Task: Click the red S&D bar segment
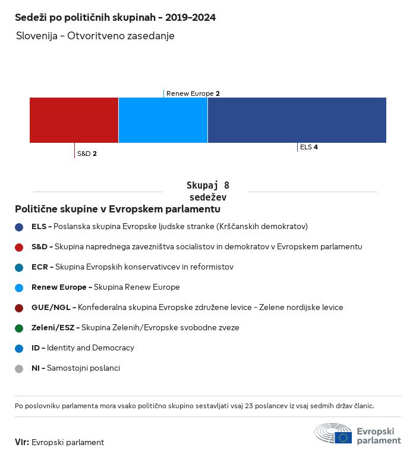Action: [74, 120]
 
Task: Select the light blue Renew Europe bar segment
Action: [163, 120]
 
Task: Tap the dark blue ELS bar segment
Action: [297, 120]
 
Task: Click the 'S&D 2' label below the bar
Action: [87, 154]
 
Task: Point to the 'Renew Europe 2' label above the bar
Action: [193, 93]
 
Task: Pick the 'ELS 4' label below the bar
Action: [309, 147]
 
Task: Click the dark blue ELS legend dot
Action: [19, 227]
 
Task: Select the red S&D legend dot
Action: [19, 248]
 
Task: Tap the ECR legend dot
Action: [19, 268]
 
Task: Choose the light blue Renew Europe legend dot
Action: [19, 288]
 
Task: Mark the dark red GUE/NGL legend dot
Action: [19, 308]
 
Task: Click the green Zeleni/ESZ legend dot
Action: [19, 328]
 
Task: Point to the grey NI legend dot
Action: [19, 369]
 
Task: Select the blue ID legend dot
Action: [19, 349]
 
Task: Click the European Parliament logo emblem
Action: [333, 433]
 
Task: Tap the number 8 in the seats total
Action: [226, 186]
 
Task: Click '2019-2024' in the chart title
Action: [190, 17]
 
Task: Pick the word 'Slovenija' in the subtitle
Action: [37, 36]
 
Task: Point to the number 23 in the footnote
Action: [248, 406]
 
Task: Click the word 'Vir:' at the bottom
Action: [22, 442]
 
